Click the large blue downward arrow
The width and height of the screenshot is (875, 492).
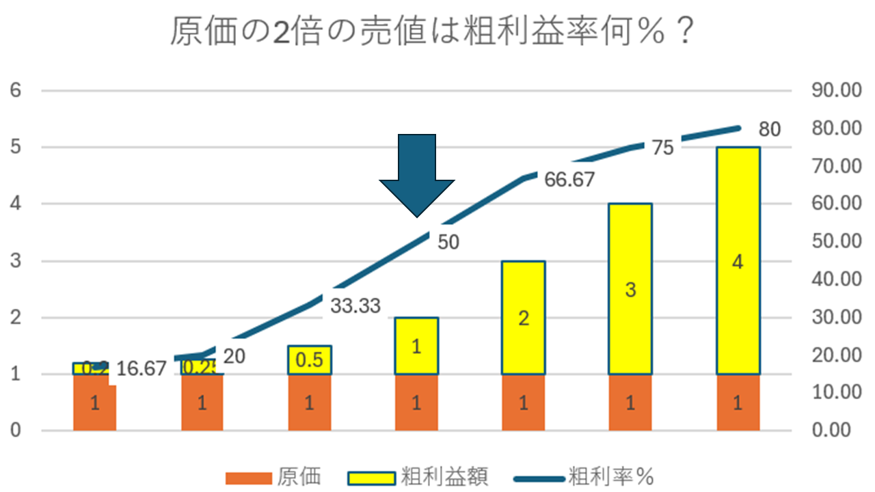click(417, 171)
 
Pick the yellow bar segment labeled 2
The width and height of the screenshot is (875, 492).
click(524, 318)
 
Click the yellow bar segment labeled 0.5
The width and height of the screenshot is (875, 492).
click(310, 360)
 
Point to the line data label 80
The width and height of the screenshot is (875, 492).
click(770, 130)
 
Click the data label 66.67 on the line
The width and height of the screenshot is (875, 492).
click(569, 180)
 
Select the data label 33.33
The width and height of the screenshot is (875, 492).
click(355, 306)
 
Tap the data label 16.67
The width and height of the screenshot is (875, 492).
click(141, 369)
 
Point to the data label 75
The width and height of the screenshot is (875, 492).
click(662, 148)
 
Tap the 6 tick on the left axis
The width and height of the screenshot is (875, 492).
click(14, 90)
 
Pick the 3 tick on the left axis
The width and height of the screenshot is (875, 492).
click(14, 261)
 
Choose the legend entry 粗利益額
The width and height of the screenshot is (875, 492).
click(444, 476)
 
